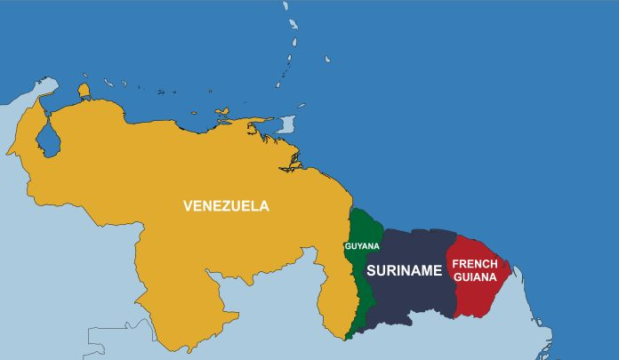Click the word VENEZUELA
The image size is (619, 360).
(x=226, y=205)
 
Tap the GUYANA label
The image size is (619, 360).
(x=362, y=245)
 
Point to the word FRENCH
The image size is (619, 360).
(x=476, y=264)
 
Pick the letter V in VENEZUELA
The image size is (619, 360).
(x=188, y=205)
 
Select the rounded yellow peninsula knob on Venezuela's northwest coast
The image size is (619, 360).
(x=84, y=90)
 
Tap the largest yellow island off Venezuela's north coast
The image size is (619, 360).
(x=228, y=114)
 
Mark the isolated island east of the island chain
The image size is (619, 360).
(x=327, y=60)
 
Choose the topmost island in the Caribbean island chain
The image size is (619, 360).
(x=285, y=6)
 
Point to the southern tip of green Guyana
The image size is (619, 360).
(x=349, y=337)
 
